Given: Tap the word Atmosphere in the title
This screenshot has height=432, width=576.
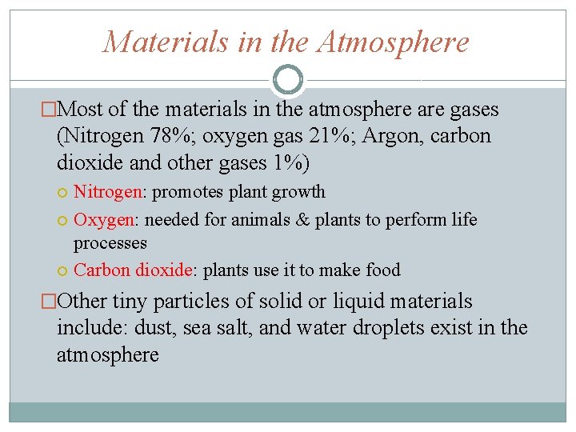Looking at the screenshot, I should tap(393, 42).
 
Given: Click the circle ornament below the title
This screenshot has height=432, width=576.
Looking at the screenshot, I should tap(288, 79).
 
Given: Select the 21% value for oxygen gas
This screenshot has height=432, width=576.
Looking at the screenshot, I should tap(330, 136).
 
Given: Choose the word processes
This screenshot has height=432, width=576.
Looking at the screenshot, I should tap(110, 242).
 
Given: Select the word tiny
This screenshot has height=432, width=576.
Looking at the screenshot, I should tap(130, 302).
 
